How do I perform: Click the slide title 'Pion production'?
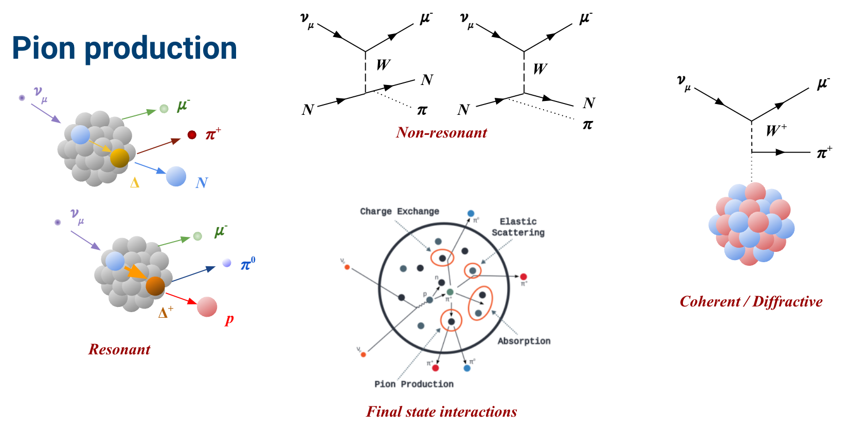[124, 48]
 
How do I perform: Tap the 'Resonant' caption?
[119, 349]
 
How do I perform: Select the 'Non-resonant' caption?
[441, 132]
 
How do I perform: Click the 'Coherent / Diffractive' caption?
[751, 301]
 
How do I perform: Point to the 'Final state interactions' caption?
[441, 412]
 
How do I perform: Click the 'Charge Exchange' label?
[400, 211]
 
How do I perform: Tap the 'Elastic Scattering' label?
[518, 227]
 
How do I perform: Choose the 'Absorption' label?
[524, 341]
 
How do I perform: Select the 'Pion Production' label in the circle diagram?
[414, 384]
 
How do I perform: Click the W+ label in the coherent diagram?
[776, 130]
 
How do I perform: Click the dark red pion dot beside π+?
[192, 135]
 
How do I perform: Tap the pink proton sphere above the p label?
[207, 307]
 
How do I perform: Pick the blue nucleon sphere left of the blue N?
[176, 176]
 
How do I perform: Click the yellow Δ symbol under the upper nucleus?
[135, 183]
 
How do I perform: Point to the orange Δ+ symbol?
[166, 312]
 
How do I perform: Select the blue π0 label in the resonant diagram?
[248, 264]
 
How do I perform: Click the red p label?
[229, 319]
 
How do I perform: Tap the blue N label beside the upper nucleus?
[202, 182]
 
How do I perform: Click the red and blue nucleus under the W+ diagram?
[751, 224]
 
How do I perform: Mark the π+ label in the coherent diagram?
[824, 152]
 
